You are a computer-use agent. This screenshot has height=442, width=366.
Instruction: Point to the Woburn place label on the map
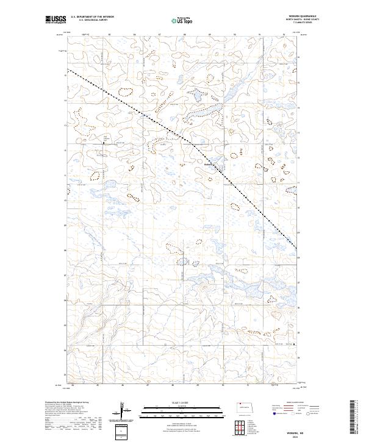tap(208, 163)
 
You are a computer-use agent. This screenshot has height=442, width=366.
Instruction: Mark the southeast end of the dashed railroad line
tap(297, 248)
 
